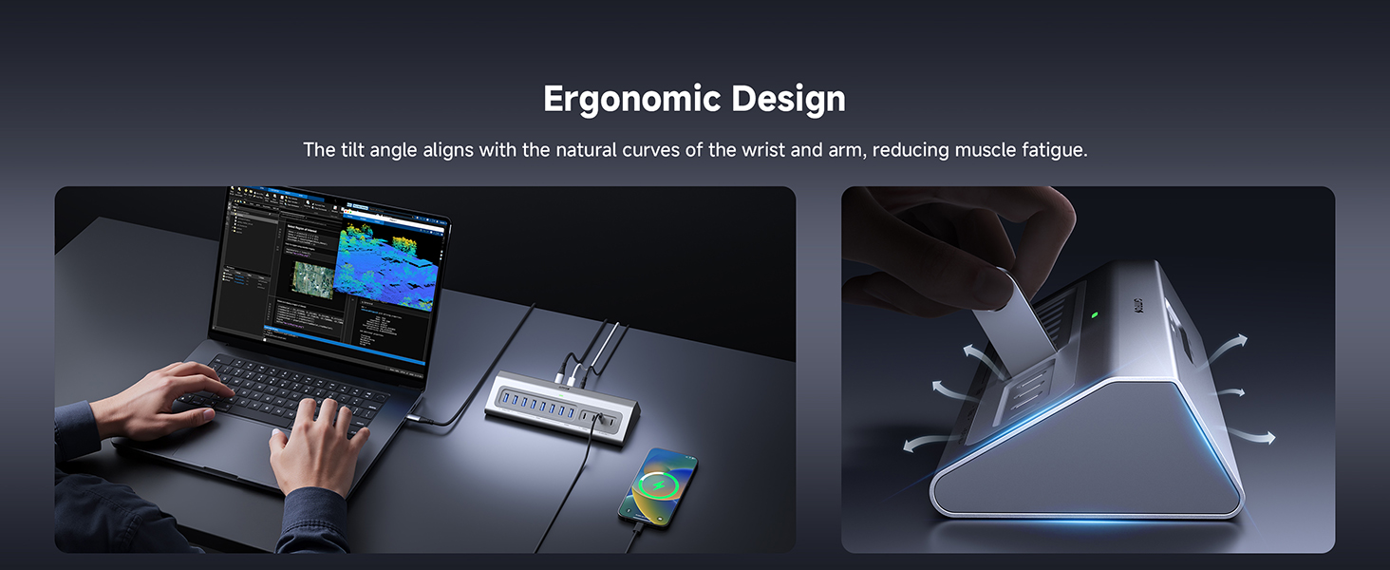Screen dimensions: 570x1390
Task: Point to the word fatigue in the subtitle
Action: (x=1051, y=150)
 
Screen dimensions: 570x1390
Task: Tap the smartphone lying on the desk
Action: (x=659, y=484)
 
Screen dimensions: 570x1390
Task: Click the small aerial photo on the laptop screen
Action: (x=313, y=278)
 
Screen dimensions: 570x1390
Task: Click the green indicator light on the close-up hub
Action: (x=1095, y=315)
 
